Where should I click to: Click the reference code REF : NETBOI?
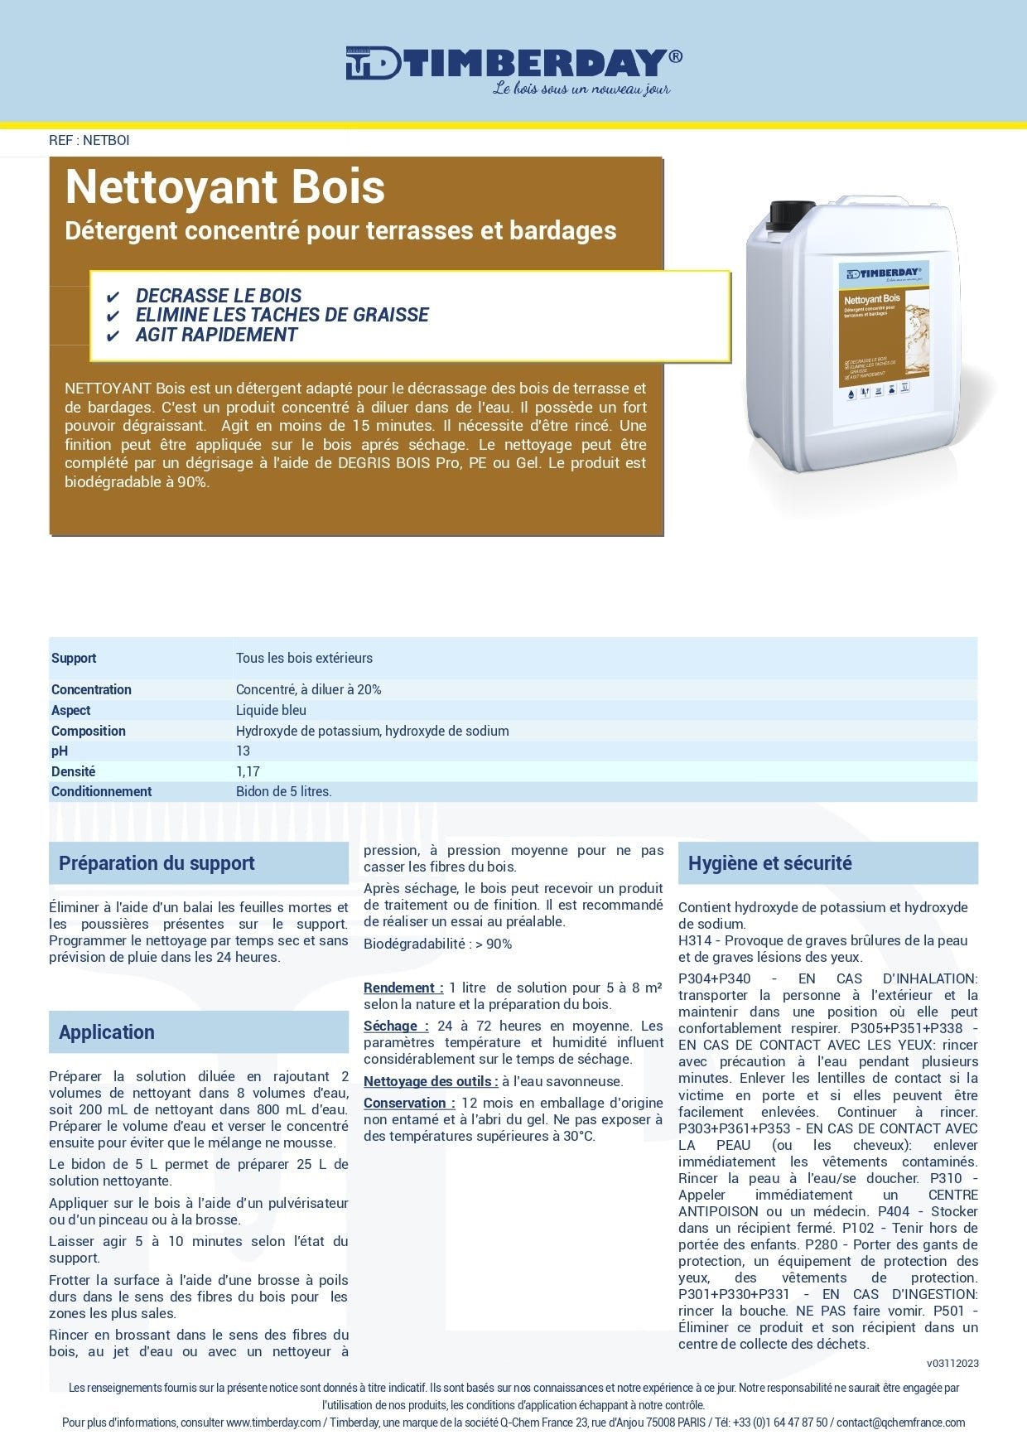click(89, 140)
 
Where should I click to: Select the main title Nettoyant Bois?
click(225, 187)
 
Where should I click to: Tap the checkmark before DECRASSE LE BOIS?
click(113, 297)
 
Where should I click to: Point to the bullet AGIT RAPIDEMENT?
click(216, 335)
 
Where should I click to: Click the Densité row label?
click(74, 771)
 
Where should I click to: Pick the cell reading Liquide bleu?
click(271, 710)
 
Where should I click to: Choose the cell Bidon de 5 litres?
click(283, 791)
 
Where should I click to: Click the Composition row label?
click(89, 731)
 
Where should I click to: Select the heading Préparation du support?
click(157, 863)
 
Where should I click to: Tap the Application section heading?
click(107, 1032)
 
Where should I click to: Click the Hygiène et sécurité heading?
click(769, 863)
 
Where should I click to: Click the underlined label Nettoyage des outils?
click(430, 1081)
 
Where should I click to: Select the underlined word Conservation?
click(407, 1103)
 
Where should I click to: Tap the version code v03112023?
click(952, 1363)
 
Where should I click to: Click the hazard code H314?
click(695, 940)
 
